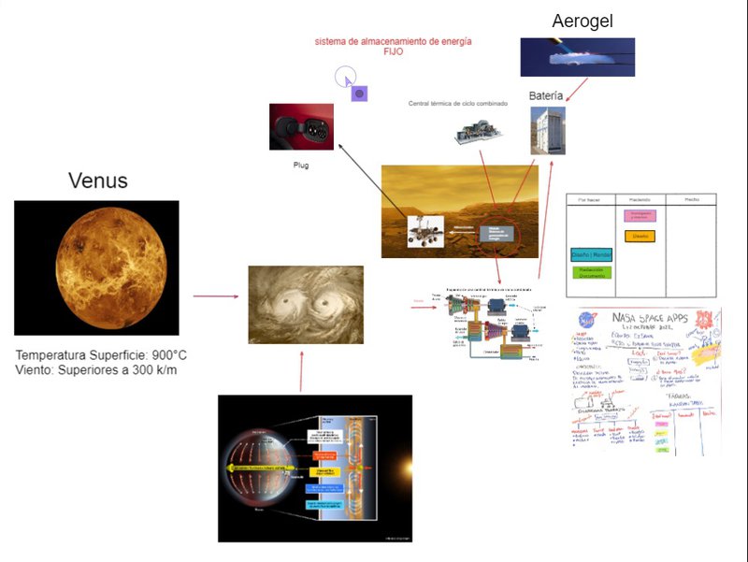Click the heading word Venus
(x=97, y=180)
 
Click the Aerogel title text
(x=582, y=21)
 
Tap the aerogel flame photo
(x=577, y=57)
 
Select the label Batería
(x=546, y=95)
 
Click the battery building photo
(x=548, y=130)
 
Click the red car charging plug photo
(x=301, y=126)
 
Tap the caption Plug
(x=301, y=165)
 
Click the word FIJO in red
(x=393, y=52)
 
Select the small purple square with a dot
(x=359, y=94)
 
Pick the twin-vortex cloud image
(x=305, y=304)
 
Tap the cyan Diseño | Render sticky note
(x=591, y=253)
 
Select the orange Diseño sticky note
(x=640, y=237)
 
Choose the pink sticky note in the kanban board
(x=640, y=215)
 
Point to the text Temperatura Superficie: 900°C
(x=101, y=356)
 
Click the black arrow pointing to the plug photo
(x=374, y=184)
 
